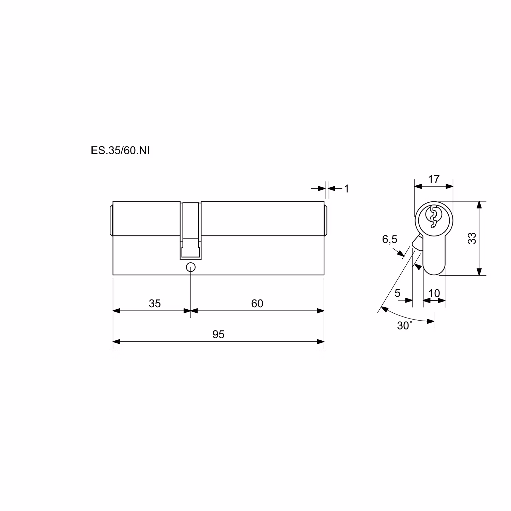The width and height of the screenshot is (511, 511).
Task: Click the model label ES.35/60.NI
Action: [120, 151]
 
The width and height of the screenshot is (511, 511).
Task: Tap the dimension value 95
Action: [218, 335]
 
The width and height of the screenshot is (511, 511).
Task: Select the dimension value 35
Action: [155, 304]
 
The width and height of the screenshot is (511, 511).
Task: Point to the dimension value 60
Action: [257, 304]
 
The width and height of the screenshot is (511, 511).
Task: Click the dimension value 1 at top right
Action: [347, 189]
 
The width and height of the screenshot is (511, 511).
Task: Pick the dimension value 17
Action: [434, 179]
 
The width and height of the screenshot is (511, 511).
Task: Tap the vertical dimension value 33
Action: [472, 238]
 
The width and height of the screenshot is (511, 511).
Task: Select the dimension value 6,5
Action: [389, 239]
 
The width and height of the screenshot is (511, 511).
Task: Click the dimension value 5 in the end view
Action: [398, 293]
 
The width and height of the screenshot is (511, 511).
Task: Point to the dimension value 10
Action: [434, 293]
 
